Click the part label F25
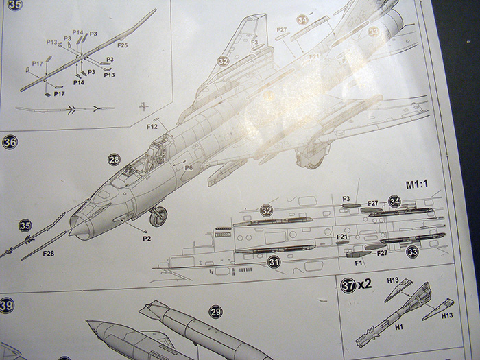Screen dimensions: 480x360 point(123,45)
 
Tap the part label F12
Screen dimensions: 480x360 point(152,127)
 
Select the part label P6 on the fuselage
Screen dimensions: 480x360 point(188,166)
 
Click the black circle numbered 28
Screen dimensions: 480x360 point(114,160)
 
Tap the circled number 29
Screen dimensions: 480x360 point(216,312)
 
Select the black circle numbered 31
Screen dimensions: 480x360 point(274,261)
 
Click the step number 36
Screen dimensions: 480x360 point(10,143)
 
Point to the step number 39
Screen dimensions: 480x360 point(8,304)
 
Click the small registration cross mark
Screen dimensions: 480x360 point(143,106)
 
